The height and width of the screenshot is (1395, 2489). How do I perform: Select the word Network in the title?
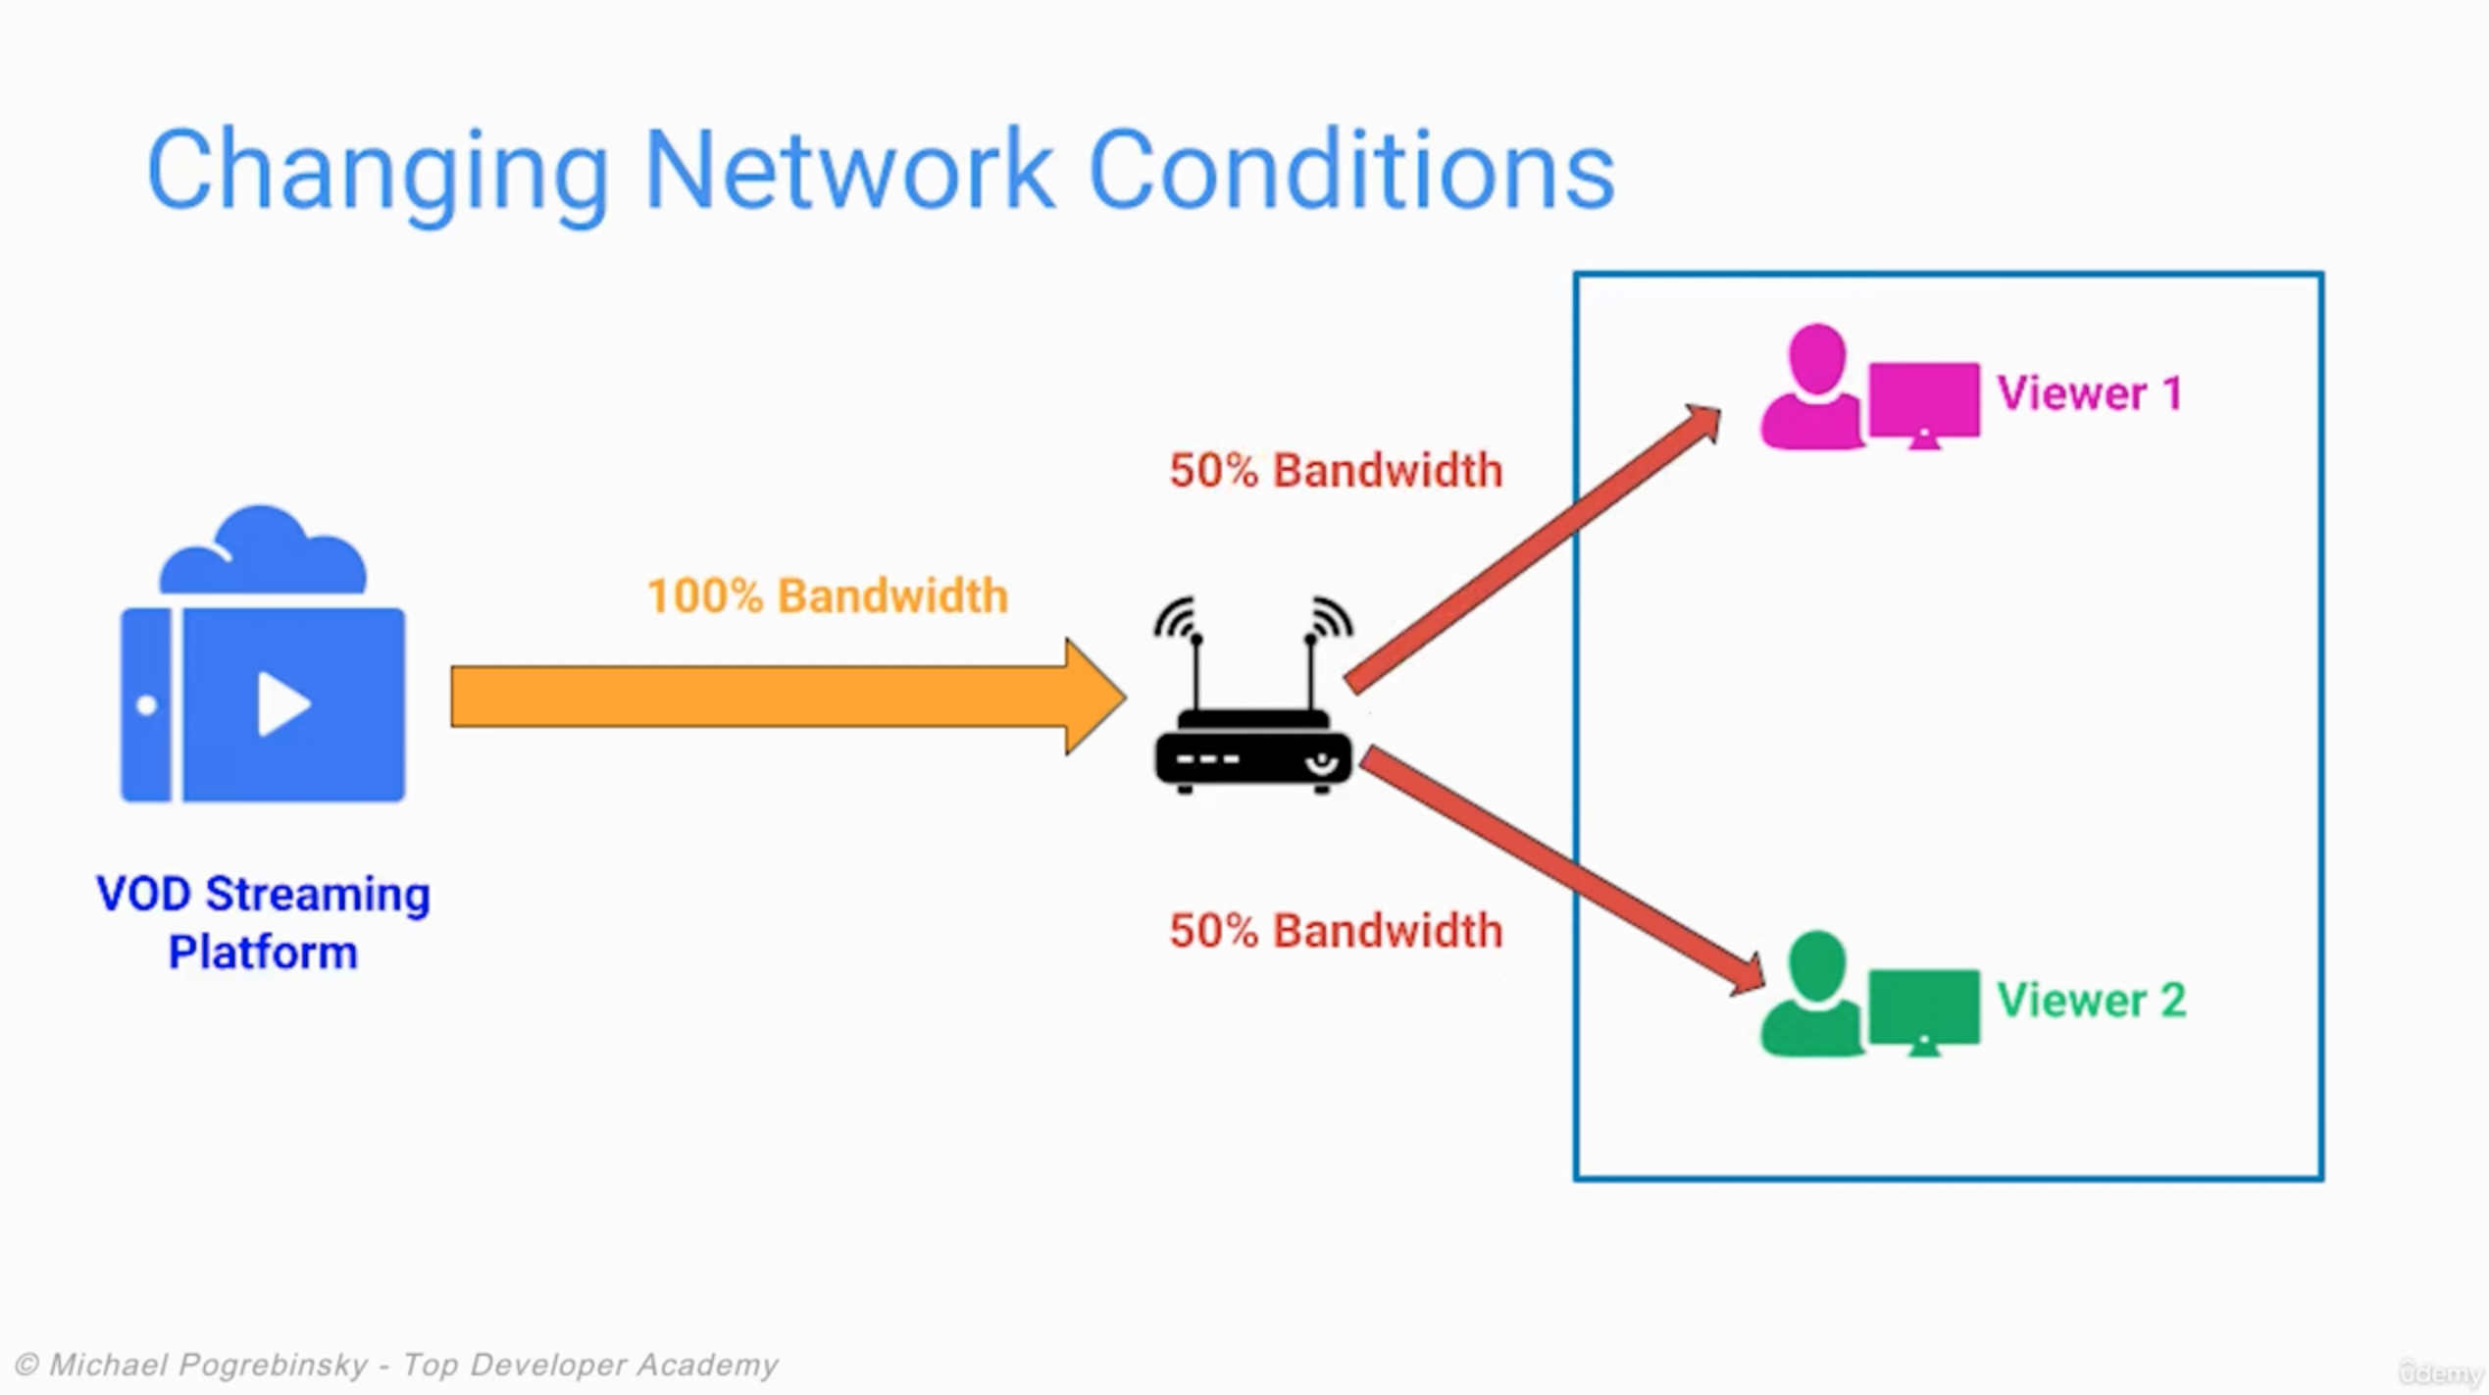click(x=848, y=172)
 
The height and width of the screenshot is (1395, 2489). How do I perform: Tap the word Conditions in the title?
click(x=1350, y=172)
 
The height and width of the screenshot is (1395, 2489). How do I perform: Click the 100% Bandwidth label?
click(x=827, y=595)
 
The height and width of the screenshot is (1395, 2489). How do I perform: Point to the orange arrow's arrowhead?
click(x=1093, y=697)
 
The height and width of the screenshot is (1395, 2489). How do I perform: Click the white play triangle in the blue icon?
click(x=282, y=703)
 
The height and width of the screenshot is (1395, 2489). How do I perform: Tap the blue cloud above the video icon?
click(x=263, y=554)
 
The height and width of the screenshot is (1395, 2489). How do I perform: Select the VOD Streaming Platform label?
click(x=263, y=922)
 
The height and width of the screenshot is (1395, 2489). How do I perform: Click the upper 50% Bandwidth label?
click(x=1335, y=470)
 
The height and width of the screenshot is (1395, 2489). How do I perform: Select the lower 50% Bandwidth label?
click(x=1335, y=930)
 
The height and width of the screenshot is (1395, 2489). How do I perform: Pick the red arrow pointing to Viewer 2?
click(x=1559, y=868)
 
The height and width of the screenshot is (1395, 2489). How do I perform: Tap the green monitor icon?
click(x=1923, y=1007)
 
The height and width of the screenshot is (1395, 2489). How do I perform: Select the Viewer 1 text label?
click(x=2090, y=393)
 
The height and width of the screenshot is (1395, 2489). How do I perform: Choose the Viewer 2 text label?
click(x=2091, y=1001)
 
